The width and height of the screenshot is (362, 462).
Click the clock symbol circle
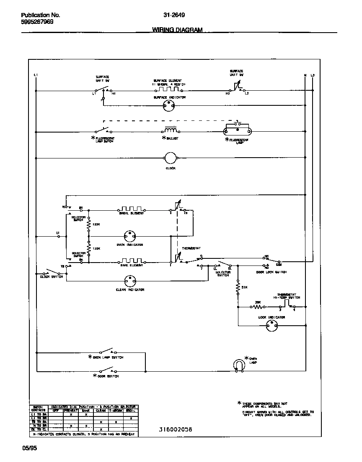point(170,158)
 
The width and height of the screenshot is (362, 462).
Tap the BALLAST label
point(172,138)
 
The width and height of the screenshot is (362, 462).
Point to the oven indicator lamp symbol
point(129,236)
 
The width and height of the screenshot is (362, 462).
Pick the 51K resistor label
point(243,287)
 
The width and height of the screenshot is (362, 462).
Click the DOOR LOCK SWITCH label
point(271,272)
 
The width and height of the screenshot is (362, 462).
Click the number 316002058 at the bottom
point(176,429)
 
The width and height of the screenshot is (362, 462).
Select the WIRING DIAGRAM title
point(177,30)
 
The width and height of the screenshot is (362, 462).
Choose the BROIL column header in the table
point(131,411)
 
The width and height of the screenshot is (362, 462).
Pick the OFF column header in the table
point(56,411)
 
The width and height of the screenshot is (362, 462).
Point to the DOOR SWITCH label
point(109,376)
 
